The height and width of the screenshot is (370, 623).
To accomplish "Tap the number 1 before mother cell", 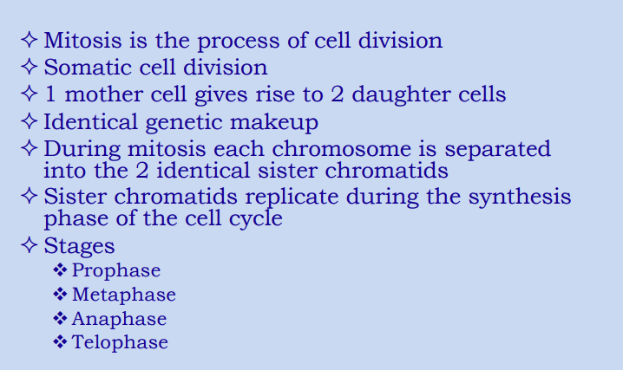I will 49,94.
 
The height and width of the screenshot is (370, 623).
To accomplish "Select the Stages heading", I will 79,246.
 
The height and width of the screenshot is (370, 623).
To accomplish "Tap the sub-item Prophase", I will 116,271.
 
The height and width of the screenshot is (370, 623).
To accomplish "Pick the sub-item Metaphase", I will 124,295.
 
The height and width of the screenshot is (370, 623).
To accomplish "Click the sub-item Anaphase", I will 119,319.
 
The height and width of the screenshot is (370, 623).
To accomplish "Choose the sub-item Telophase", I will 120,342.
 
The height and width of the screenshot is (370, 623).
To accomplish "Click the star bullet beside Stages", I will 29,245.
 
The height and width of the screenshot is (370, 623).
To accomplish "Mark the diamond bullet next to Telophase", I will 60,342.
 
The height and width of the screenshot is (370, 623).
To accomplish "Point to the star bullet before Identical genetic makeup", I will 29,121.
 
